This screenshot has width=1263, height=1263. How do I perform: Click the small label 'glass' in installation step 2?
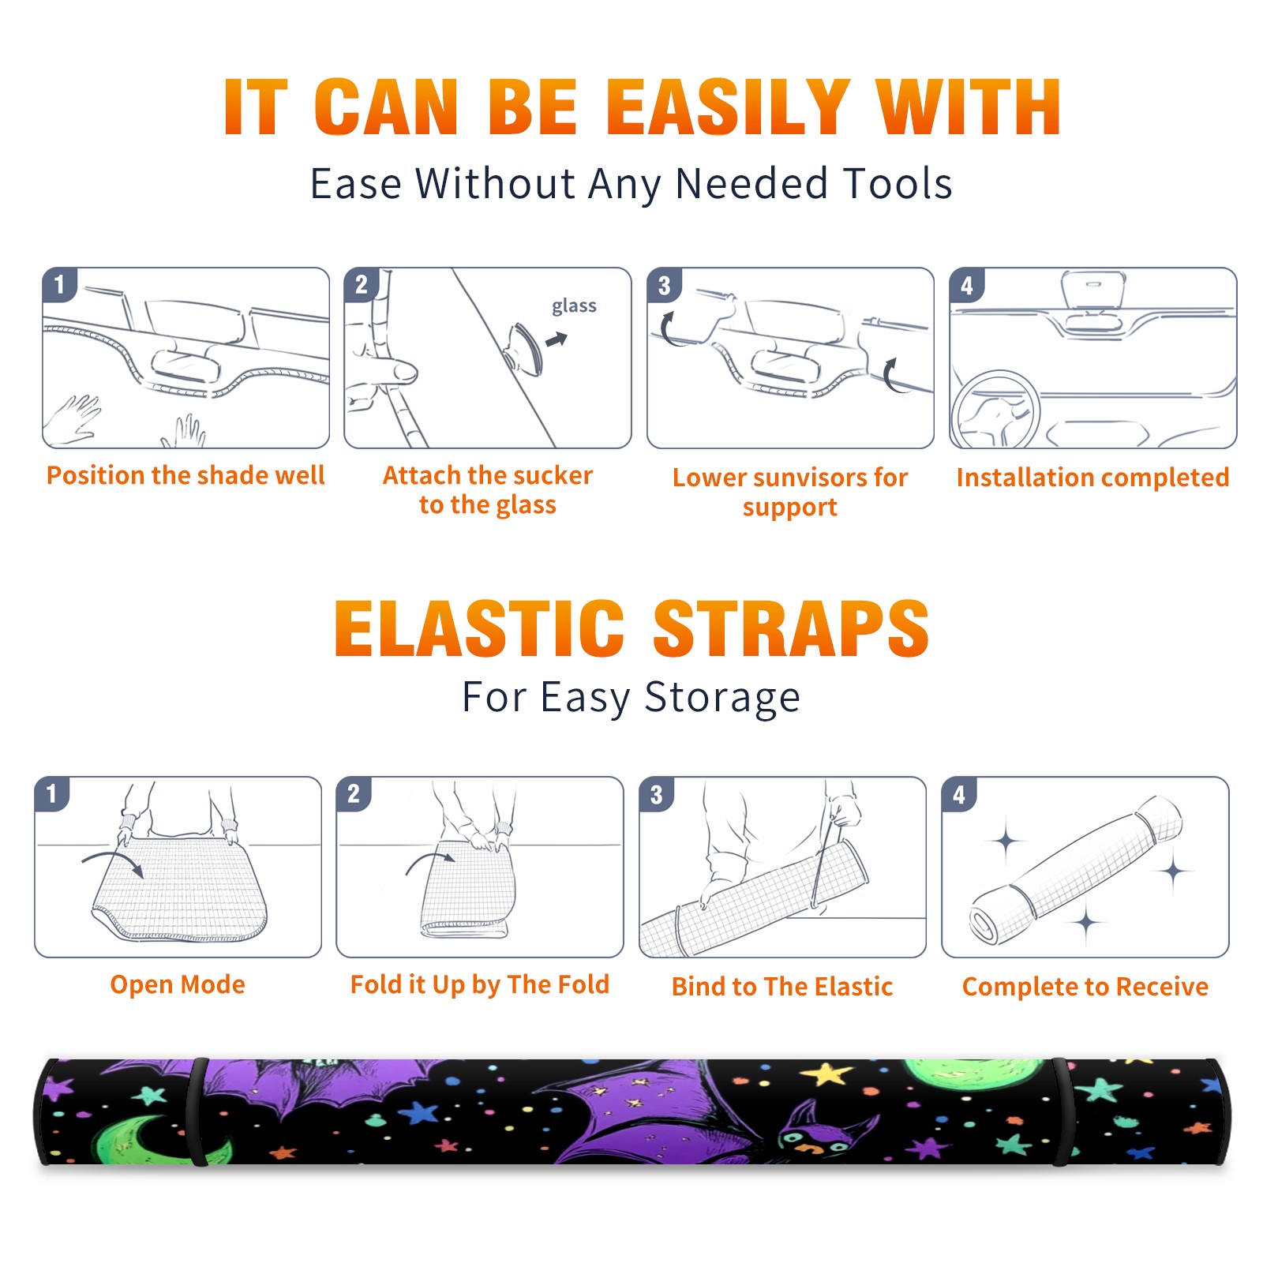574,306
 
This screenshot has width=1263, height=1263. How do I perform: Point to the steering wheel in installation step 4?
995,410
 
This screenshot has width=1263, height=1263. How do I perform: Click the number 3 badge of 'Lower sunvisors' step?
664,285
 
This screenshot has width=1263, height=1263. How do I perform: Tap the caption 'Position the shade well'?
186,475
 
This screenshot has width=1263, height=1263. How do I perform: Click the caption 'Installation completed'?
1092,477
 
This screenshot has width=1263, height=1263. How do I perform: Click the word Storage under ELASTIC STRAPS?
722,698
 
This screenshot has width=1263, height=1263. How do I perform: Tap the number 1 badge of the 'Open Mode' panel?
52,793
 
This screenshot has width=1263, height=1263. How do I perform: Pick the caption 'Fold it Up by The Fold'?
480,984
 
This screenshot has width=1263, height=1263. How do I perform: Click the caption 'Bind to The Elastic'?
782,987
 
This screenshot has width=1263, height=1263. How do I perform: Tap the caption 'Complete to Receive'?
1085,987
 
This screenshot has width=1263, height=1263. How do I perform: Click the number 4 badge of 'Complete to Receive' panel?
959,794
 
